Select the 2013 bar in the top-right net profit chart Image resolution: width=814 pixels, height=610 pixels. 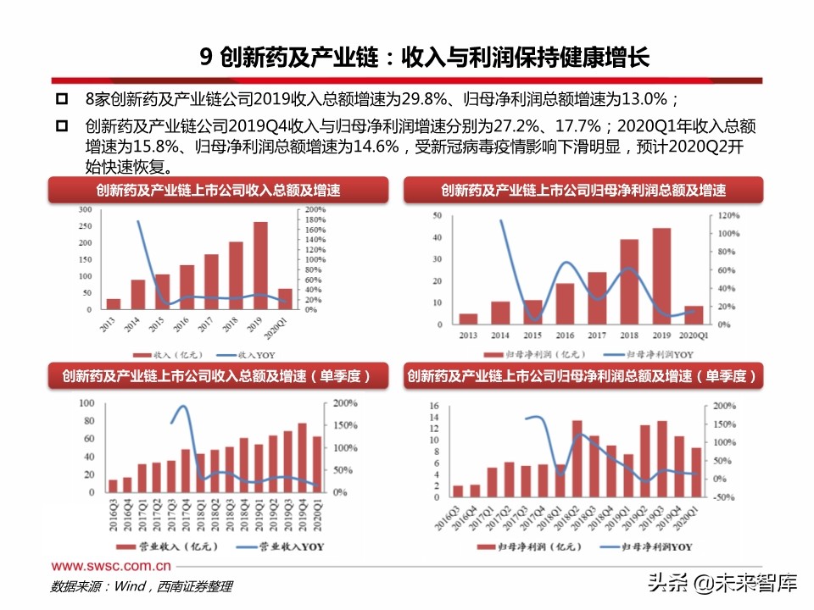click(468, 319)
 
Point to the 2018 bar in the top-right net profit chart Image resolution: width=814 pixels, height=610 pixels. click(629, 282)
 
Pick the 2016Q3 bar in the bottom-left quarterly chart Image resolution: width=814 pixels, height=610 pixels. click(113, 485)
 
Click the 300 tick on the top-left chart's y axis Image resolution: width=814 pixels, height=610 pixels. click(85, 209)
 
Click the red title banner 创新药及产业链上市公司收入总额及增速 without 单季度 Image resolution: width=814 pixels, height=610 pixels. click(218, 191)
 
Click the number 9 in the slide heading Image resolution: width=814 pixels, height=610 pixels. click(204, 58)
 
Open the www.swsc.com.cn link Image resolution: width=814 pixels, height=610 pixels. click(111, 565)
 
